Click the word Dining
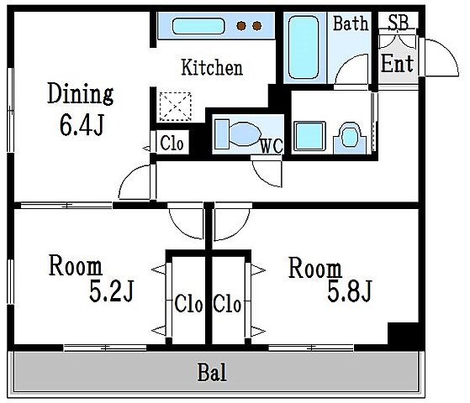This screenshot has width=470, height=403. [x=81, y=94]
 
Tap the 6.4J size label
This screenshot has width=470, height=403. [x=82, y=125]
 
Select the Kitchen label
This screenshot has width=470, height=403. [x=212, y=67]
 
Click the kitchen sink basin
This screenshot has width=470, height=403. [x=198, y=26]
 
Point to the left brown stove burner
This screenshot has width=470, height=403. [x=241, y=26]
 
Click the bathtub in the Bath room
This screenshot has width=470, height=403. [x=304, y=47]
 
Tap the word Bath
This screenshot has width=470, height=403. [x=351, y=24]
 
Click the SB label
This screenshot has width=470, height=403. [x=398, y=22]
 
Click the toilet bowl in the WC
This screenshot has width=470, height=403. [x=246, y=133]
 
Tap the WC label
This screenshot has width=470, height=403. [x=272, y=146]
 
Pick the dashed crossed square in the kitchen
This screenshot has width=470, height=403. [x=176, y=107]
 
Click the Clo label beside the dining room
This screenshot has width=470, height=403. [x=172, y=143]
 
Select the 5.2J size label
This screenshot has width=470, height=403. [x=111, y=290]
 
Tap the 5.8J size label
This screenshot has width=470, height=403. [x=349, y=290]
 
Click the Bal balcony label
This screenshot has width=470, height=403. [x=212, y=372]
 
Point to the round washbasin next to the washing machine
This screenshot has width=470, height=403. [x=349, y=137]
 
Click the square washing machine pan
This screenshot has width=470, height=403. [x=309, y=136]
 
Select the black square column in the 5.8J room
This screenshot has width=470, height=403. [x=403, y=333]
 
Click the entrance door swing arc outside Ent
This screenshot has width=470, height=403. [x=449, y=51]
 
